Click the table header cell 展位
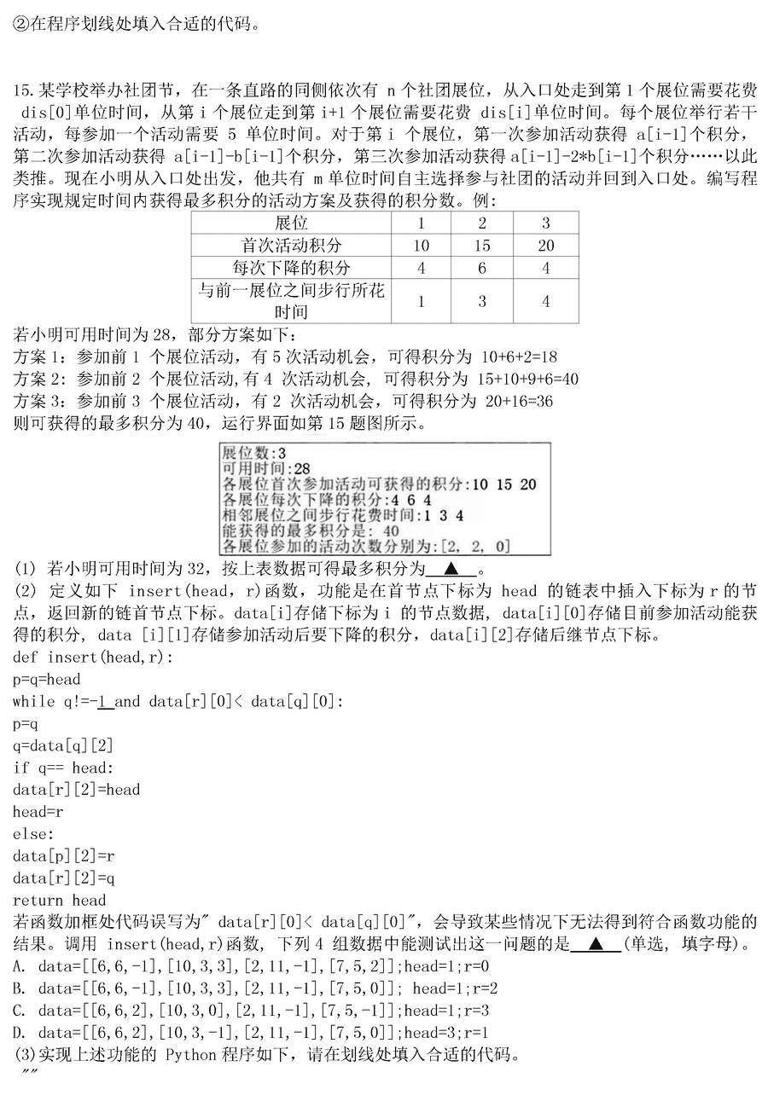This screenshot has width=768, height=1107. [291, 223]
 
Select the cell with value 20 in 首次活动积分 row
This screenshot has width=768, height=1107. [546, 246]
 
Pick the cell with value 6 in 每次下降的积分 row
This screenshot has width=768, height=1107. [482, 268]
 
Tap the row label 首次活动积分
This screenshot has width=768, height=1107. [291, 246]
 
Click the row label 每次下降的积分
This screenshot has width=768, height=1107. [291, 268]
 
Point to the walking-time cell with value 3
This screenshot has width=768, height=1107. [482, 301]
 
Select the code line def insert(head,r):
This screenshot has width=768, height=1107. [93, 657]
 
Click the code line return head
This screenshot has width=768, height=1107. [60, 900]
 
